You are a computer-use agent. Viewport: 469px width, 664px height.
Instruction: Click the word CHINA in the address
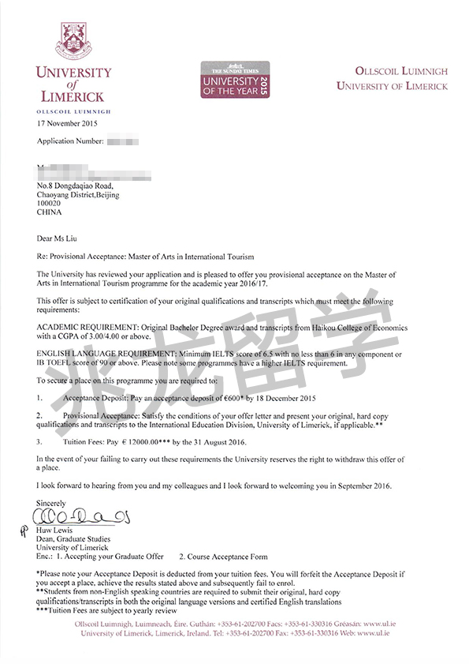(50, 212)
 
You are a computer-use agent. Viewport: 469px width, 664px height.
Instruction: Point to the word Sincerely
(52, 503)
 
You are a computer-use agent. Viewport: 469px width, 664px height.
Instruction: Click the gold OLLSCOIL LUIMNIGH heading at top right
(391, 71)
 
